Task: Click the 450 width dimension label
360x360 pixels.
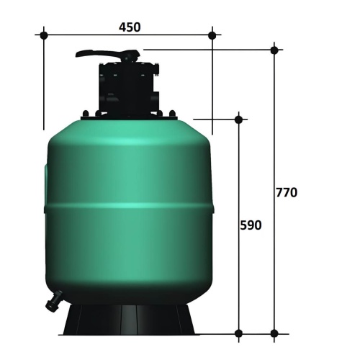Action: (x=130, y=27)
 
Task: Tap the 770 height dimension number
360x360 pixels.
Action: (x=287, y=192)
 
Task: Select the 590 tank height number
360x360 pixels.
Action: (x=251, y=225)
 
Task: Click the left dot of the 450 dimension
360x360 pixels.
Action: (x=44, y=35)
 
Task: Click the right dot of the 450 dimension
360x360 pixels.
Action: (x=212, y=35)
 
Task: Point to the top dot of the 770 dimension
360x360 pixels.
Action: (x=274, y=50)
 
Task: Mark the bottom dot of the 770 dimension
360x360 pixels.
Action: (x=274, y=333)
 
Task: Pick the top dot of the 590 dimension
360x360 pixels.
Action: (x=238, y=120)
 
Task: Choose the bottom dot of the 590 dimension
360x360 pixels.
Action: (x=238, y=333)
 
